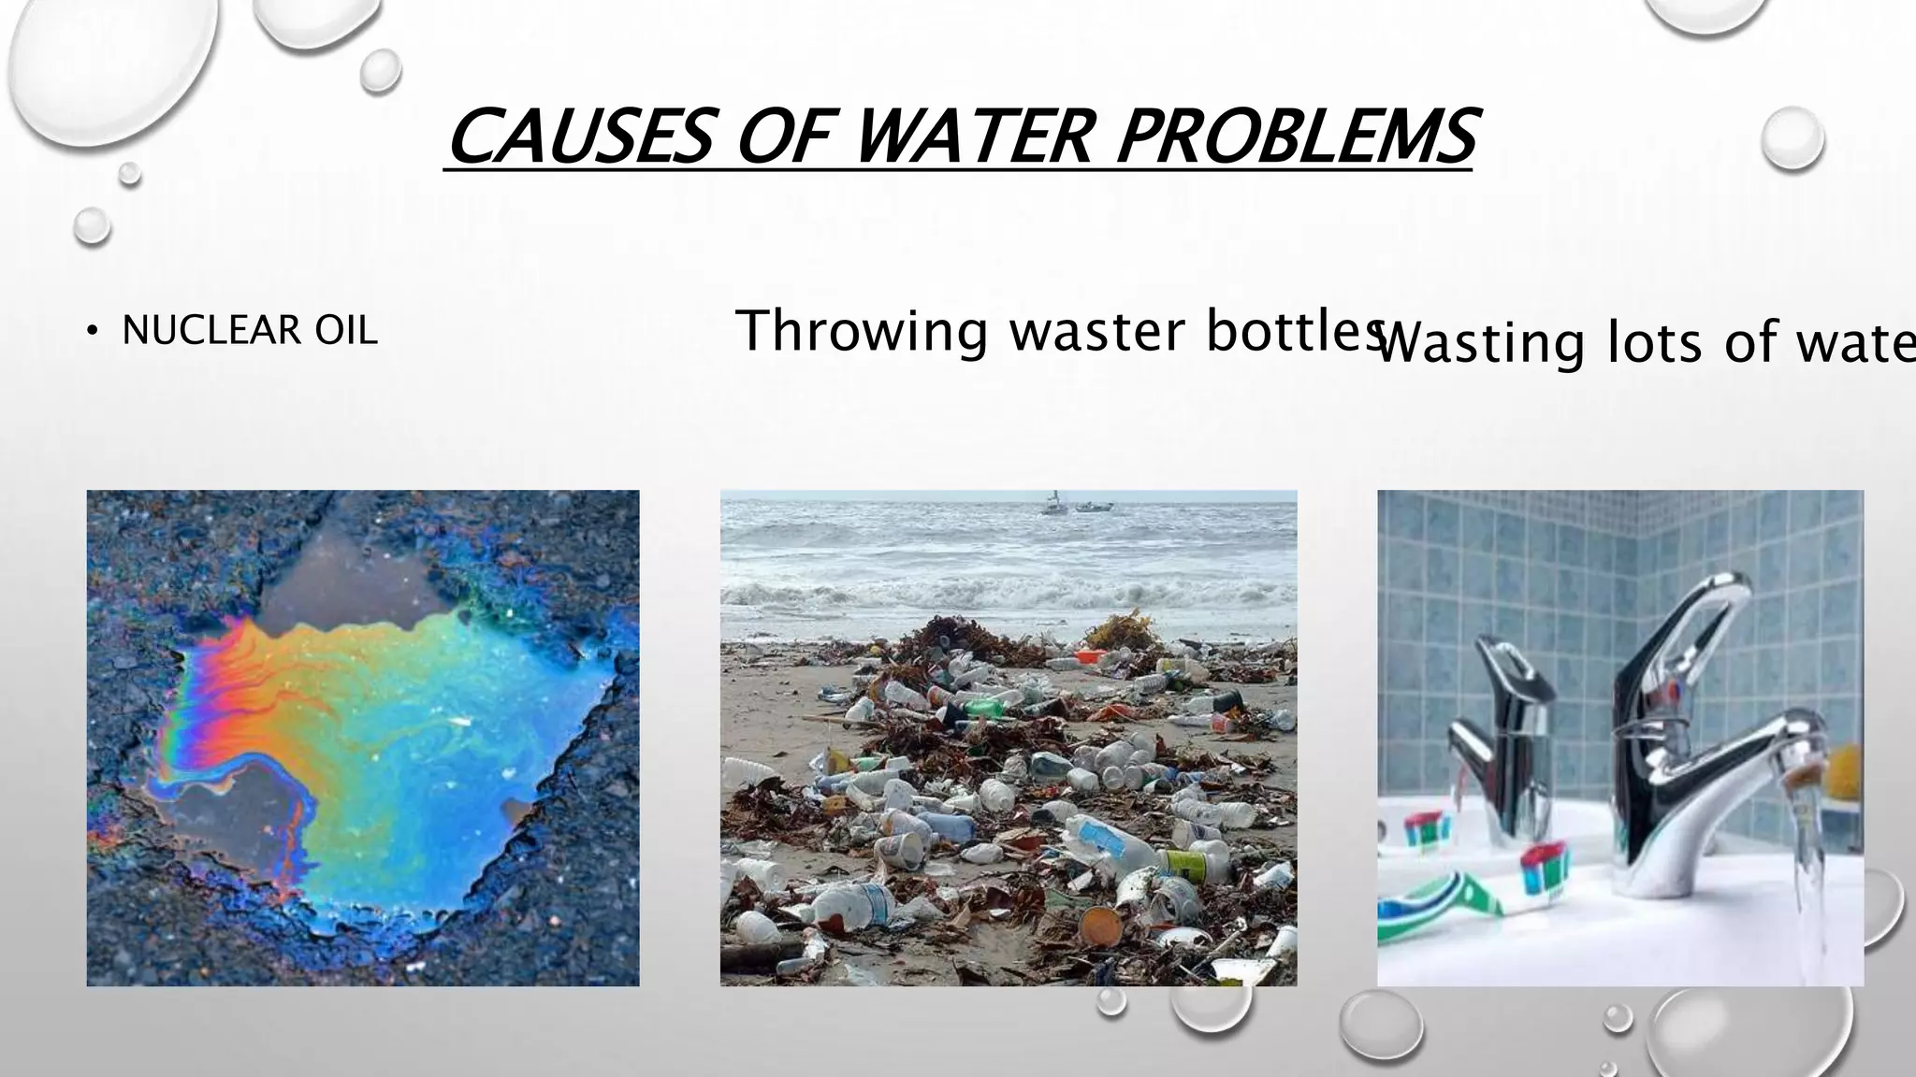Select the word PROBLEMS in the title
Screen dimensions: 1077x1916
tap(1296, 136)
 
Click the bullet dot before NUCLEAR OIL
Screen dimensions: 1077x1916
tap(91, 332)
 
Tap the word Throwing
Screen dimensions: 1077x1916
tap(862, 332)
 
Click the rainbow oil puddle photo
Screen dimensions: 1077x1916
tap(363, 738)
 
